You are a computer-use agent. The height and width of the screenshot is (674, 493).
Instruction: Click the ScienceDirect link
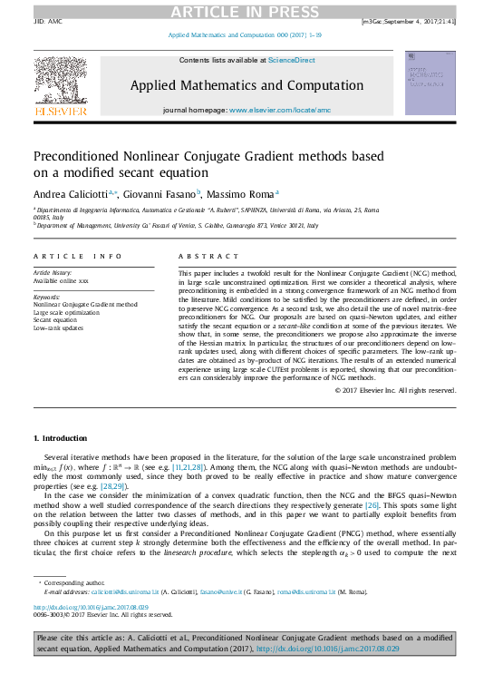[291, 59]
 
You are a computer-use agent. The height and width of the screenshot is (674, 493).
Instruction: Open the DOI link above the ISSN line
[91, 607]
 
